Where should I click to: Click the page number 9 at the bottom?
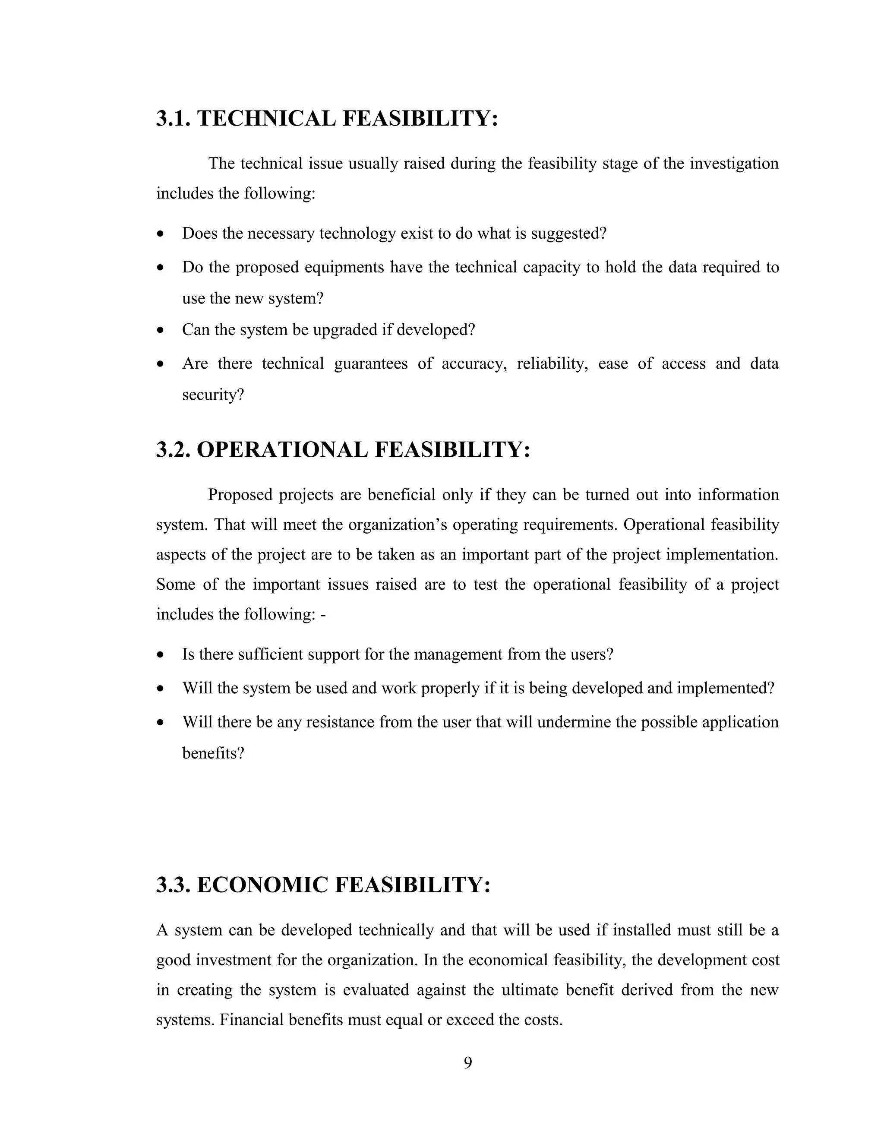tap(467, 1063)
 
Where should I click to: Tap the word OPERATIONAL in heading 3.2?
tap(282, 450)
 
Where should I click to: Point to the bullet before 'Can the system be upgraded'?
tap(161, 331)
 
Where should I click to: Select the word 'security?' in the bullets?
tap(213, 395)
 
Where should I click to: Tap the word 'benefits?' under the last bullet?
tap(213, 753)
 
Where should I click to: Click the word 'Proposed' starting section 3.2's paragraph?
tap(240, 495)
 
